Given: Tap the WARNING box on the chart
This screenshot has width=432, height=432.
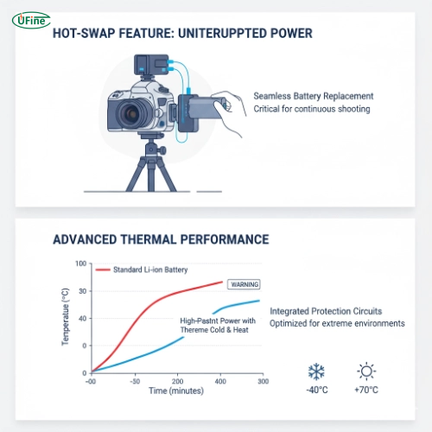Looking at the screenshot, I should click(x=243, y=283).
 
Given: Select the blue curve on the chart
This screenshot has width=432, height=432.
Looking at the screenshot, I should click(x=147, y=353).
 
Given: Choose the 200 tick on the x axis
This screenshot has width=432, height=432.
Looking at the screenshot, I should click(x=179, y=380).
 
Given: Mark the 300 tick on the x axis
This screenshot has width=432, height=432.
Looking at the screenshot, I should click(x=258, y=380).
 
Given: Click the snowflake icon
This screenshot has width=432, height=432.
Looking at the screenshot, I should click(x=316, y=372).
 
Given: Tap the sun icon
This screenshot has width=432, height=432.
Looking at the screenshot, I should click(x=367, y=372).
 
